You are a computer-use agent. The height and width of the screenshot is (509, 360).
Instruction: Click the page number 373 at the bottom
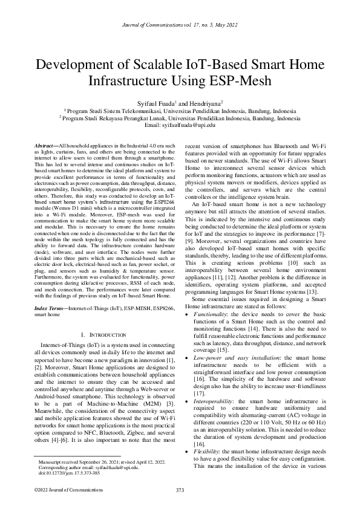(x=180, y=489)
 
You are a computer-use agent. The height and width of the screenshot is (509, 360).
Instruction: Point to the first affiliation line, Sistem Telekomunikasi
(x=180, y=112)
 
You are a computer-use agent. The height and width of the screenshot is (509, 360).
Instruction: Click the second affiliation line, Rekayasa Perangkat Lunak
(x=180, y=118)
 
